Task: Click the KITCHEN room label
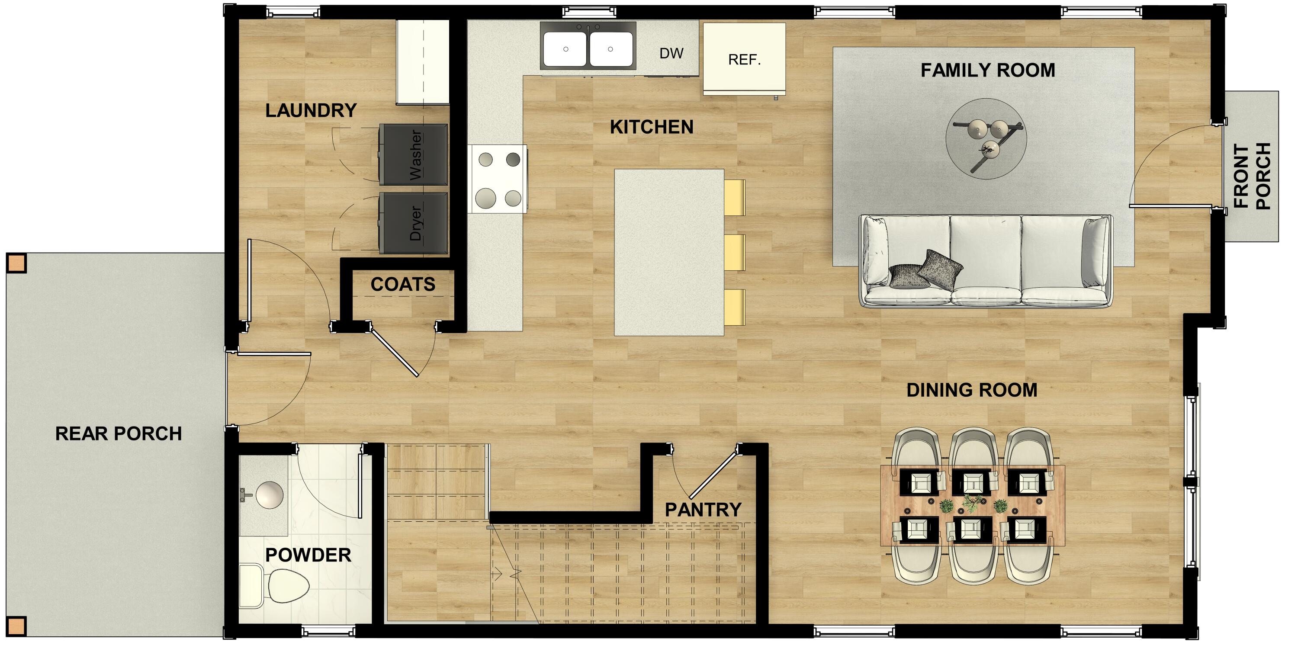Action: (651, 127)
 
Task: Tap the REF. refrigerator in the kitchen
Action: (744, 59)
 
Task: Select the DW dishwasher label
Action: (671, 53)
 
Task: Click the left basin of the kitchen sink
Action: (565, 49)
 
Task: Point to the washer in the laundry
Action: (413, 155)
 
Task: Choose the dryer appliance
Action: (413, 223)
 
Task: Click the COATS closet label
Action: (403, 285)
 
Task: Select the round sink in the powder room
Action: (269, 495)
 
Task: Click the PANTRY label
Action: (703, 510)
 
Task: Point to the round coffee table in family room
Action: (986, 138)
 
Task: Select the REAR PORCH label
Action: (119, 434)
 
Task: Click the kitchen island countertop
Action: (668, 252)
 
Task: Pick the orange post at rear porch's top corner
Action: (16, 263)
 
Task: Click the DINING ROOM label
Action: (971, 390)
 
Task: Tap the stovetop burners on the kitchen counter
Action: (499, 179)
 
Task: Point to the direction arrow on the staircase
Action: (497, 574)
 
